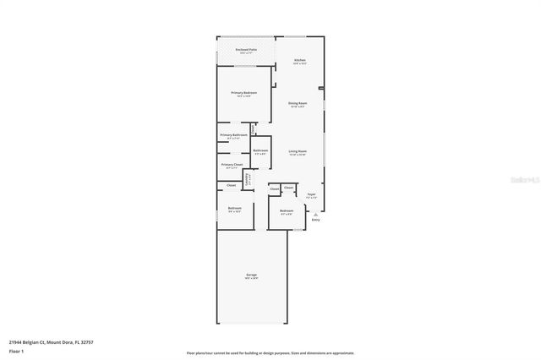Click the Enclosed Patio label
pyautogui.click(x=245, y=51)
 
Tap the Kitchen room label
pyautogui.click(x=299, y=60)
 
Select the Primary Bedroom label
pyautogui.click(x=244, y=93)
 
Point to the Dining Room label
pyautogui.click(x=298, y=103)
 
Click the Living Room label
pyautogui.click(x=298, y=151)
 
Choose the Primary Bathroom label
pyautogui.click(x=233, y=135)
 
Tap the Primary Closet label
pyautogui.click(x=232, y=165)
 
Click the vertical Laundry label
pyautogui.click(x=247, y=179)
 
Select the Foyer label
pyautogui.click(x=311, y=195)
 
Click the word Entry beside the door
pyautogui.click(x=316, y=221)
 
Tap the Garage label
pyautogui.click(x=251, y=275)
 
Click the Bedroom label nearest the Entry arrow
pyautogui.click(x=287, y=210)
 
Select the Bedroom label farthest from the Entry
pyautogui.click(x=235, y=208)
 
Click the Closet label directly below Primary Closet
pyautogui.click(x=231, y=184)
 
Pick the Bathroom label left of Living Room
pyautogui.click(x=260, y=150)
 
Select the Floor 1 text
pyautogui.click(x=15, y=350)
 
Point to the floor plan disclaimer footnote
pyautogui.click(x=270, y=353)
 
